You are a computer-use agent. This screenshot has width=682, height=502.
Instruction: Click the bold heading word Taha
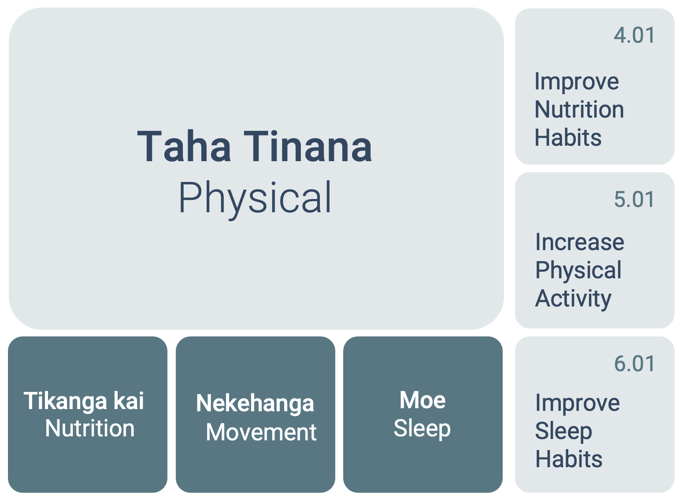point(184,146)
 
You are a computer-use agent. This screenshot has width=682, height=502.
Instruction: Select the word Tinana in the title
point(308,146)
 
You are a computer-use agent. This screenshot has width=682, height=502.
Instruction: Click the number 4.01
point(634,35)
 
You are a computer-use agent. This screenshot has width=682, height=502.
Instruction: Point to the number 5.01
point(634,199)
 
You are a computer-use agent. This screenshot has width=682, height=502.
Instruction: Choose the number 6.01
point(634,364)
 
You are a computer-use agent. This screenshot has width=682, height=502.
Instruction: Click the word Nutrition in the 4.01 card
point(579,110)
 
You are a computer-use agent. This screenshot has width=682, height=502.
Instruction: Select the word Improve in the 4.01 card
point(577,82)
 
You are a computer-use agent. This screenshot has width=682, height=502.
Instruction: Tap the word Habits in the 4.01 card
point(568,137)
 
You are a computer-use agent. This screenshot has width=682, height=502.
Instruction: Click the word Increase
point(580,242)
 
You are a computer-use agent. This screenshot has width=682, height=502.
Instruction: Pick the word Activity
point(573,299)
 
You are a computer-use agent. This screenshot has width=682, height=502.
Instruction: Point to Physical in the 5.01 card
point(578,271)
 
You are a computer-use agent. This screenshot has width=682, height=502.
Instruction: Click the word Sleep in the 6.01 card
point(563,432)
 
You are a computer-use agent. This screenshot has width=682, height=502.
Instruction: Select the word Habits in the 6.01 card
point(569,459)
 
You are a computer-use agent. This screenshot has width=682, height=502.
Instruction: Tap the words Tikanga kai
point(84,401)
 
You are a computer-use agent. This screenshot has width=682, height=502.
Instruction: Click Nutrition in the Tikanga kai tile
point(90,428)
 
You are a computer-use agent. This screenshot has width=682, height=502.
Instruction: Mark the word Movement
point(261,432)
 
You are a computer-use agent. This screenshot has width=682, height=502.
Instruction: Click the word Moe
point(423,400)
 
